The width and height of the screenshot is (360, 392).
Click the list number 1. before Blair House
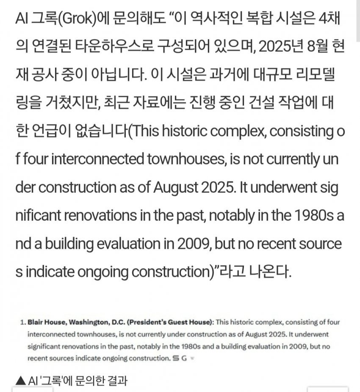click(x=23, y=322)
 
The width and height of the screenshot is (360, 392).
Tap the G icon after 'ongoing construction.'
click(x=185, y=359)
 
